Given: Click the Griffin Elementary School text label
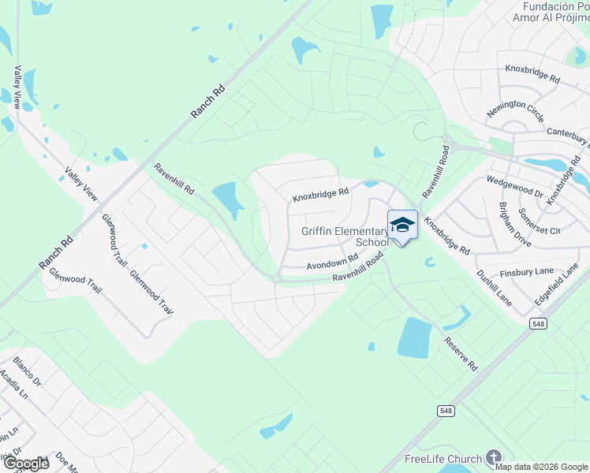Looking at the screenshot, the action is click(345, 236).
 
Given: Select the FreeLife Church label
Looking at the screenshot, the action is click(442, 459).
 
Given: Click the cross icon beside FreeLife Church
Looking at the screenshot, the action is click(494, 458).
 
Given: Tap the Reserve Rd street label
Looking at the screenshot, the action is click(461, 355).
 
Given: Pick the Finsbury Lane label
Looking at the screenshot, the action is click(533, 271).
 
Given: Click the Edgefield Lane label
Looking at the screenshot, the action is click(556, 285).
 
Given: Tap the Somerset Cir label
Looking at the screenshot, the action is click(539, 222).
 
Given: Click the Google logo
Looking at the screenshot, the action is click(25, 464).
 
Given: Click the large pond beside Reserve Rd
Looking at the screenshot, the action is click(414, 337).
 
